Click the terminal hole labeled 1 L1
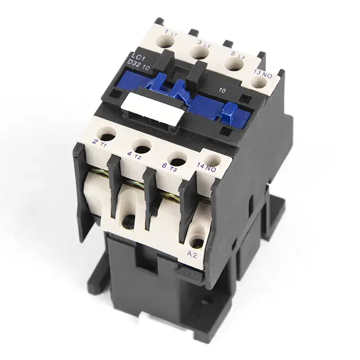tap(165, 42)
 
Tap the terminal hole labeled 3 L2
tap(200, 54)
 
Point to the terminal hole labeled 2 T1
tap(106, 133)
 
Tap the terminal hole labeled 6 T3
tap(176, 159)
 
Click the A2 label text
tap(192, 255)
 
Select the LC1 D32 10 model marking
tap(140, 62)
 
